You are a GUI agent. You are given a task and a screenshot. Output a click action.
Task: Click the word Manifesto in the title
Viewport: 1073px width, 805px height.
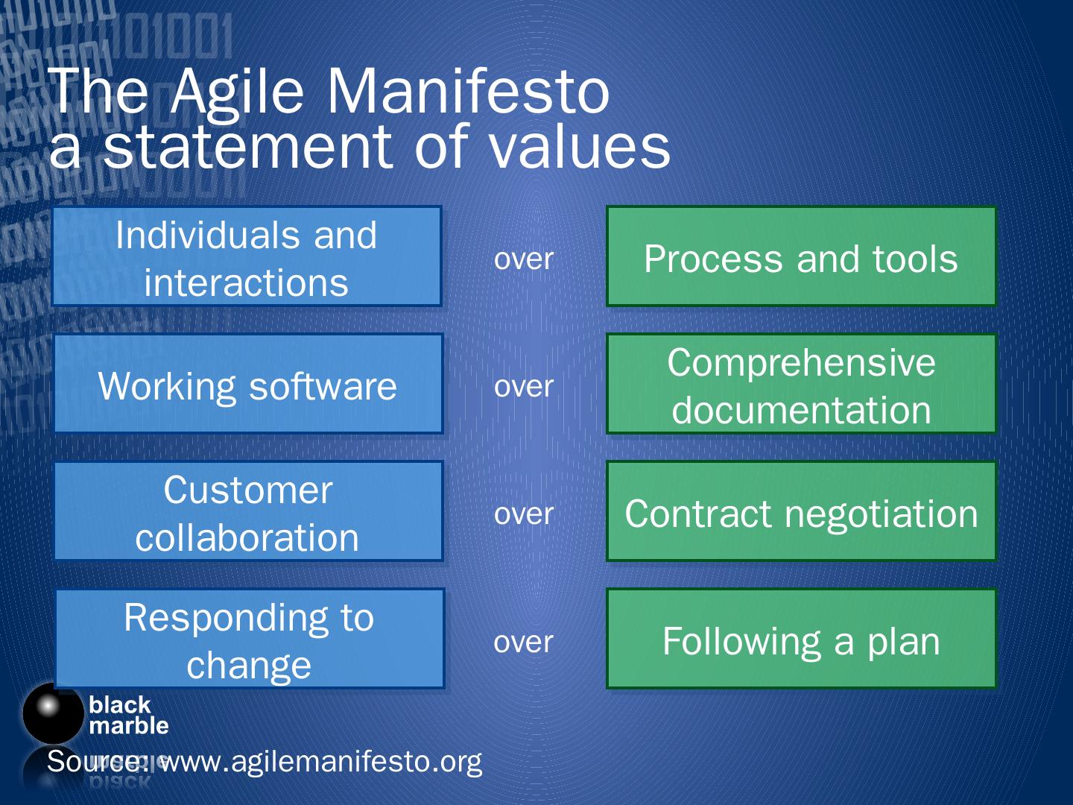[468, 92]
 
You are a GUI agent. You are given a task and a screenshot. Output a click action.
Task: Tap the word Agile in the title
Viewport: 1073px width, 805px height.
[237, 95]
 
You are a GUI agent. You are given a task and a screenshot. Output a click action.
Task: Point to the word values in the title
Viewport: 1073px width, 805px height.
[580, 145]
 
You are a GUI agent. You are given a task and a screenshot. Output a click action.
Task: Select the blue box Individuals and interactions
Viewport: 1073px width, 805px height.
[247, 256]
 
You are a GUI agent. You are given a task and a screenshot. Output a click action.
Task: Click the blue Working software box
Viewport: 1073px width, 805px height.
[248, 384]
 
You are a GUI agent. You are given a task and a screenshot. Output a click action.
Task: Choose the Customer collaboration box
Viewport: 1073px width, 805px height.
[248, 511]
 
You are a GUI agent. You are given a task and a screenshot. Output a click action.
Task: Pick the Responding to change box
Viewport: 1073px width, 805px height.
[250, 638]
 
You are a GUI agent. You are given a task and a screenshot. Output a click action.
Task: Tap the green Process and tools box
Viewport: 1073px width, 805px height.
[801, 256]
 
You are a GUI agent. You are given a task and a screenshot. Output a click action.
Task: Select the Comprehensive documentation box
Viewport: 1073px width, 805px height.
[801, 384]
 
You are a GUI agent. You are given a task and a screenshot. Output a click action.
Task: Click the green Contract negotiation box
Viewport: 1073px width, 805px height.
[801, 511]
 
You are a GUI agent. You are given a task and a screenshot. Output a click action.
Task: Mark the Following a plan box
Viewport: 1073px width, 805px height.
[801, 638]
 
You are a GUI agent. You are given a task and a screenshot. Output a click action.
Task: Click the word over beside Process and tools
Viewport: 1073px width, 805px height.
[524, 259]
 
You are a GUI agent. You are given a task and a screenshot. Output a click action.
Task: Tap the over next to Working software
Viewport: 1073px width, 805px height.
[524, 387]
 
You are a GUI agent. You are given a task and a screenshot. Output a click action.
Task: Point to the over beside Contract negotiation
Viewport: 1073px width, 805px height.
[524, 514]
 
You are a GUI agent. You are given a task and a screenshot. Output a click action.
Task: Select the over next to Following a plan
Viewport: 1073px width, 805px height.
[524, 643]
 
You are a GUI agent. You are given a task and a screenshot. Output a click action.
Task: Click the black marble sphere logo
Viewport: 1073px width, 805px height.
[53, 714]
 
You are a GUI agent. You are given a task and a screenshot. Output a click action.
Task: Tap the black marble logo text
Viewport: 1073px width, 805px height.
[129, 715]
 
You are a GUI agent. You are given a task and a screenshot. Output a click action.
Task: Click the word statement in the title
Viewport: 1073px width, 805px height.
[247, 145]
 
